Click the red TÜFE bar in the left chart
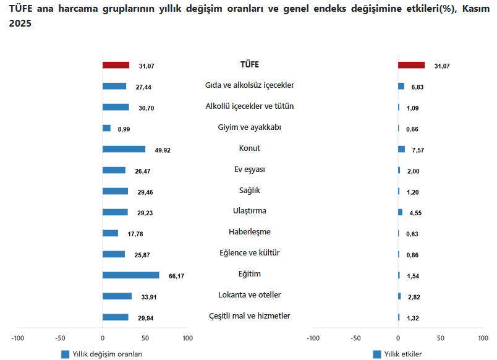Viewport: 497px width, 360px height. point(116,65)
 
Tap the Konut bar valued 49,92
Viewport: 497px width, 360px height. point(124,149)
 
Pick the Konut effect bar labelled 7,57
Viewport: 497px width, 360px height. point(402,149)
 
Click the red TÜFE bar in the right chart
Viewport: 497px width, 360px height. point(411,65)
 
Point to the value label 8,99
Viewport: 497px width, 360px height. point(124,129)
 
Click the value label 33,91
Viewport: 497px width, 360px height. point(149,297)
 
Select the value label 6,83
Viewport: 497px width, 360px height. point(417,87)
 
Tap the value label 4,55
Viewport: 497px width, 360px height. point(415,213)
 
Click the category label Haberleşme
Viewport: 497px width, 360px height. point(250,232)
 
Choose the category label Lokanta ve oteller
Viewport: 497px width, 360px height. point(250,294)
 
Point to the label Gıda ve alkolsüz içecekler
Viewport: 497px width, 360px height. point(250,85)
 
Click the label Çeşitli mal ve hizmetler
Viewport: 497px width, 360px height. point(250,316)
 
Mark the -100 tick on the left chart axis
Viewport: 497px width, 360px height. point(17,338)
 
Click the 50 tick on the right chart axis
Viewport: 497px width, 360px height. point(441,338)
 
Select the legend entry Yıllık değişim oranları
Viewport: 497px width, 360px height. point(103,354)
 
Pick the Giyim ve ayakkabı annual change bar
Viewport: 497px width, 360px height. point(106,128)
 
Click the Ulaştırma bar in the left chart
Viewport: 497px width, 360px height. point(115,212)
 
